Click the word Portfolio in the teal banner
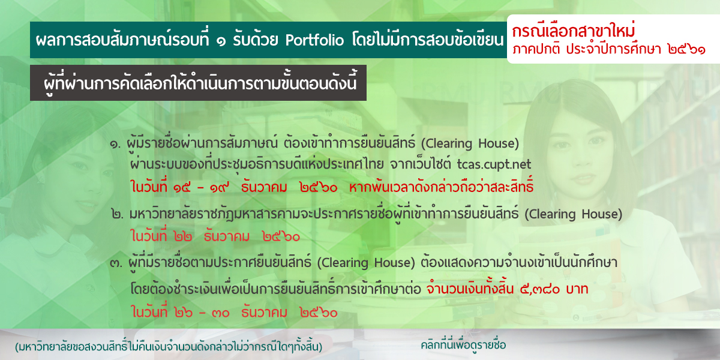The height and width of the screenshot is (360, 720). tap(314, 41)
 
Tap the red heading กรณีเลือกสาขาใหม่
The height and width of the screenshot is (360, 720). tap(574, 31)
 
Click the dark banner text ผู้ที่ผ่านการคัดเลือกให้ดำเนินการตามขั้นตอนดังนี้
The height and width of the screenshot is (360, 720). tap(200, 83)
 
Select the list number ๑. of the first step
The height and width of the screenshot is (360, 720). tap(115, 144)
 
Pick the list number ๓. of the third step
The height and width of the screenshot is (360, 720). tap(116, 263)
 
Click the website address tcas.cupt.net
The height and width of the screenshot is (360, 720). tap(494, 164)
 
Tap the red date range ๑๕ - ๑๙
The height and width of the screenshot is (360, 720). tap(201, 187)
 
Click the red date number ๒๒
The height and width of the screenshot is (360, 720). tap(183, 237)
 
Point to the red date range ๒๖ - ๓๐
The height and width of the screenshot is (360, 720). tap(202, 313)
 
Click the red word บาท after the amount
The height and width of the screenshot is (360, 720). tap(577, 289)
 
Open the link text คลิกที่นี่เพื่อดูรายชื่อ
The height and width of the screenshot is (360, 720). tap(463, 345)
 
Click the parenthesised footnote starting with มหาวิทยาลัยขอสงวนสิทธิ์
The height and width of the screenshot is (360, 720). tap(169, 347)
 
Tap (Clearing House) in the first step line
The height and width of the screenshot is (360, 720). tap(470, 143)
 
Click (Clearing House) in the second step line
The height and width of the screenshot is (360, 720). tap(574, 214)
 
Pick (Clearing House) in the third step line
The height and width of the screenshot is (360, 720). tap(366, 263)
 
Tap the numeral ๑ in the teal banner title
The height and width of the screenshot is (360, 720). tap(221, 42)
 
